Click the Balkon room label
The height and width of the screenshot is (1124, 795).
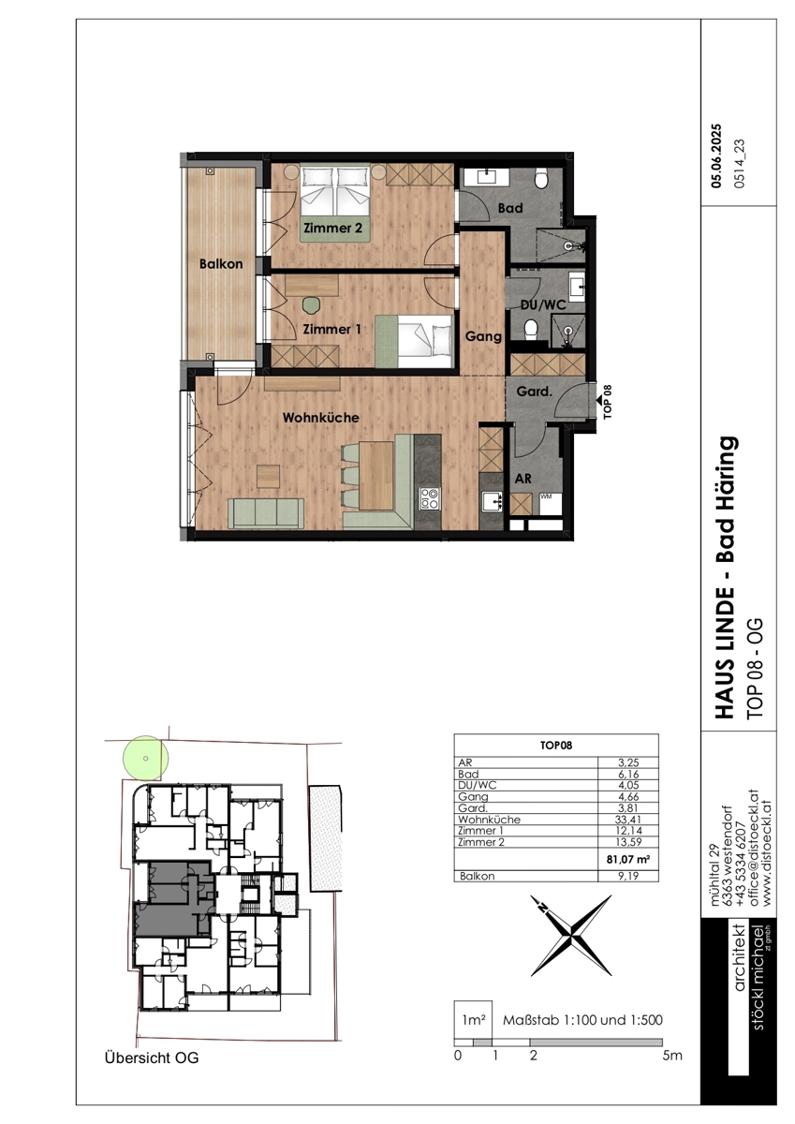pyautogui.click(x=221, y=264)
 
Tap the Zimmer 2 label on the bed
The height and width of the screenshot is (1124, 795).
pyautogui.click(x=332, y=229)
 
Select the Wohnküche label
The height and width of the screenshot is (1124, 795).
pyautogui.click(x=320, y=418)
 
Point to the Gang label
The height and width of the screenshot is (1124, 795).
pyautogui.click(x=483, y=336)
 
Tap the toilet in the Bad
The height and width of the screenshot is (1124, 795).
pyautogui.click(x=541, y=179)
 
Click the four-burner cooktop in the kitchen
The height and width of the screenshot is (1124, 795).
pyautogui.click(x=430, y=499)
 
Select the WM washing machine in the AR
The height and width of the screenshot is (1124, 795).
pyautogui.click(x=551, y=503)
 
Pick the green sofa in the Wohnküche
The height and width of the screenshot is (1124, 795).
pyautogui.click(x=265, y=513)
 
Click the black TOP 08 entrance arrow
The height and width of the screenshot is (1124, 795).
pyautogui.click(x=599, y=400)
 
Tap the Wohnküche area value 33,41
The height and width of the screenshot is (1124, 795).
pyautogui.click(x=628, y=820)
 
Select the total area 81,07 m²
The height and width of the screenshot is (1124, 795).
pyautogui.click(x=628, y=859)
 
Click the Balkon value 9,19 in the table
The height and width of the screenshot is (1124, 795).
pyautogui.click(x=628, y=876)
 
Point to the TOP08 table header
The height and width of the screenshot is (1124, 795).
pyautogui.click(x=555, y=746)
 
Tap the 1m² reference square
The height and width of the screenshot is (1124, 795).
pyautogui.click(x=473, y=1020)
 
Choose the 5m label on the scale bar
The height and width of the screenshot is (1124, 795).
pyautogui.click(x=672, y=1056)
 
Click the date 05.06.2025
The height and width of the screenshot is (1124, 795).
pyautogui.click(x=716, y=156)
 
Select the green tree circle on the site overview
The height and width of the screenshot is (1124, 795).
pyautogui.click(x=145, y=758)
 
